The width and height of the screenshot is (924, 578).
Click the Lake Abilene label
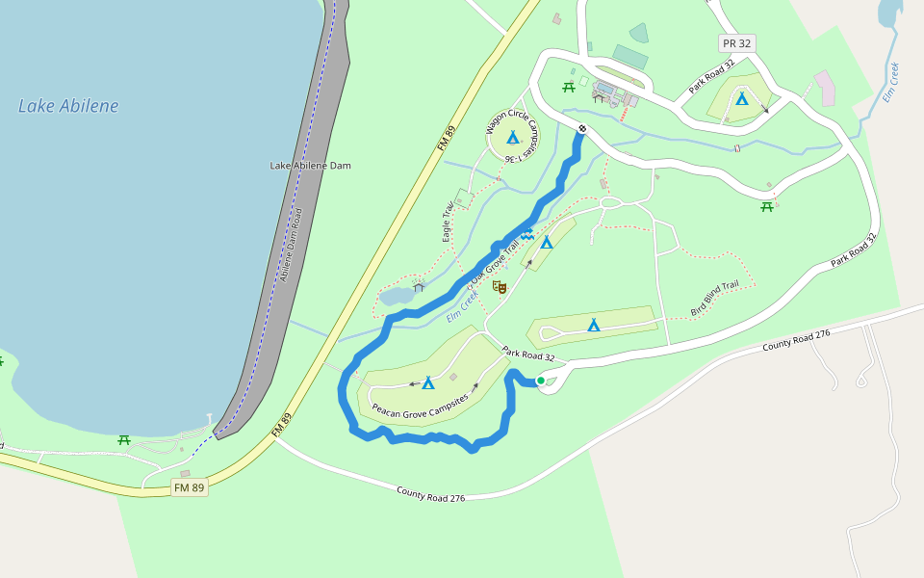68,106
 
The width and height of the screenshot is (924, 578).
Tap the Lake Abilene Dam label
310,166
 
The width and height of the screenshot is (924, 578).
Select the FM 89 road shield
189,487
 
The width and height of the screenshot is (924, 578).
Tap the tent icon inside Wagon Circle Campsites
513,138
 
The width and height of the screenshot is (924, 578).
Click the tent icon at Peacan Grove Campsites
428,382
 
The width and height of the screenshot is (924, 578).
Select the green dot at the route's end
541,381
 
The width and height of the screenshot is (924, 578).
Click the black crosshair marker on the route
582,128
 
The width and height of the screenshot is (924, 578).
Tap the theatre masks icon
499,286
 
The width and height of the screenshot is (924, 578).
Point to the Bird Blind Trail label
714,299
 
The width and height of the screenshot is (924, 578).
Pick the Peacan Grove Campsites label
420,404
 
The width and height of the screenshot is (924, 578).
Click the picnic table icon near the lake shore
124,440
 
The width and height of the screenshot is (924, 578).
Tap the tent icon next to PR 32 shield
741,98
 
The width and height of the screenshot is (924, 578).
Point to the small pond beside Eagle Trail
394,296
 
